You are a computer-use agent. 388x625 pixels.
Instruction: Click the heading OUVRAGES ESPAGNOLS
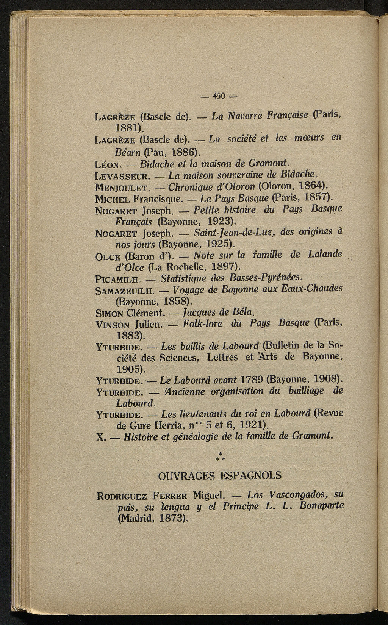tap(219, 475)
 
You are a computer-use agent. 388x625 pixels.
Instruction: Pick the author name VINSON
tap(114, 325)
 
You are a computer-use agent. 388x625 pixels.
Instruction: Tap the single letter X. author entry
tap(101, 437)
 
